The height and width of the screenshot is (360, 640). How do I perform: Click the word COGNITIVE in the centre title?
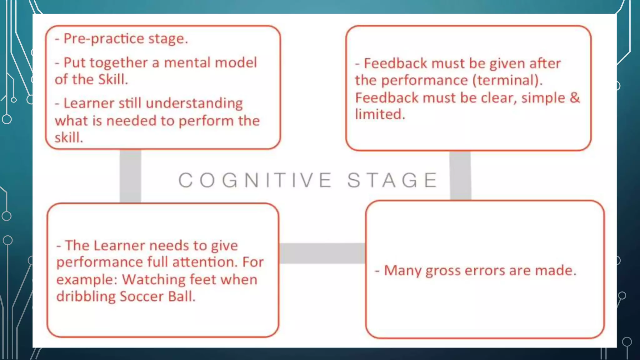[x=255, y=180]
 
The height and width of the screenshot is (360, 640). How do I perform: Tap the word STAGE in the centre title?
[x=392, y=180]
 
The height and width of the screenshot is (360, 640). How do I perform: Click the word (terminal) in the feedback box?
[x=507, y=80]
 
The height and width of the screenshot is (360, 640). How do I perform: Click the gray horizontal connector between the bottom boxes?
[x=322, y=253]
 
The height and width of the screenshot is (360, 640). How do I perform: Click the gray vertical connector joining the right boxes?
[x=460, y=176]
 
